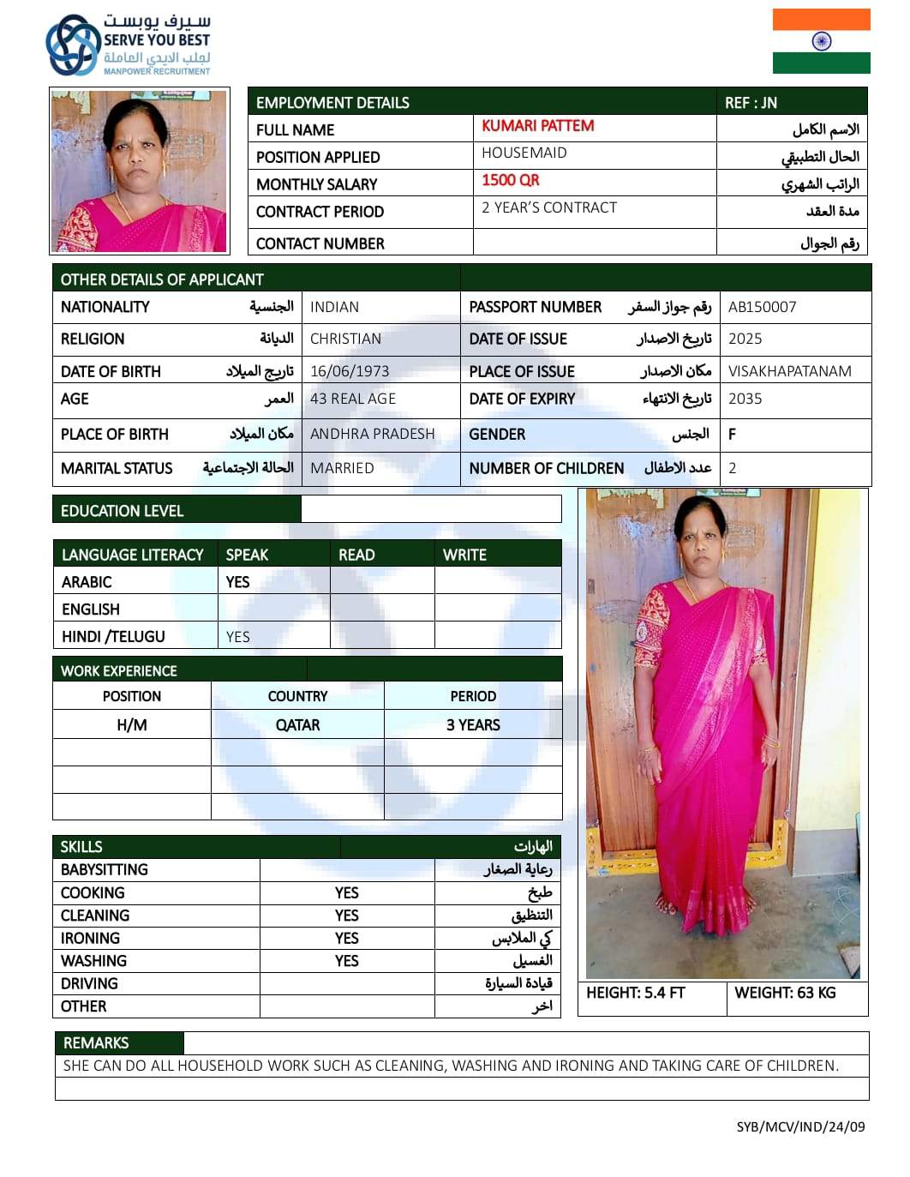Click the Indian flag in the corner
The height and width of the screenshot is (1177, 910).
click(x=821, y=41)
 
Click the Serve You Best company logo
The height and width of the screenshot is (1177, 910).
click(x=129, y=45)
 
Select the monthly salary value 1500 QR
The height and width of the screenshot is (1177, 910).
click(x=511, y=180)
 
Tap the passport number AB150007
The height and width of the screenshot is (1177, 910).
click(x=762, y=307)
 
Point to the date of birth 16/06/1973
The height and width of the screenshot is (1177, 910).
click(x=350, y=371)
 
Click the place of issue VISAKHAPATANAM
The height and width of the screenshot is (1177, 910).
click(x=789, y=371)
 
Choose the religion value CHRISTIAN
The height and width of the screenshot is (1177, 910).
click(x=345, y=339)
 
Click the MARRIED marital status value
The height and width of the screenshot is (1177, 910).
click(x=342, y=468)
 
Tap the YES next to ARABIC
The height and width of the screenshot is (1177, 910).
click(x=237, y=582)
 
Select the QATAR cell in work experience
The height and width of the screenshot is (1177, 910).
click(x=297, y=725)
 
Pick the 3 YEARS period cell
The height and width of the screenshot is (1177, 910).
click(x=473, y=725)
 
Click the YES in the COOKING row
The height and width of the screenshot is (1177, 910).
click(x=346, y=892)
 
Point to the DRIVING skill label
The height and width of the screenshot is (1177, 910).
click(x=89, y=983)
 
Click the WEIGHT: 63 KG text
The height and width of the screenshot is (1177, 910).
click(x=785, y=993)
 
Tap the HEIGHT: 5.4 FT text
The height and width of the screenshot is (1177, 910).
click(x=635, y=993)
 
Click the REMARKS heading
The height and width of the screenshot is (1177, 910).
click(x=96, y=1042)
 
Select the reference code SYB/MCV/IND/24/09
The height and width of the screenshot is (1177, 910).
click(x=800, y=1126)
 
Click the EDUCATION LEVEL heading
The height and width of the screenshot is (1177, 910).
click(x=122, y=511)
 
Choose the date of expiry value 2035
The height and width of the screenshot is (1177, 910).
click(x=745, y=399)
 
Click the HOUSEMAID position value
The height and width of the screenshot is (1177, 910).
click(x=524, y=153)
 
